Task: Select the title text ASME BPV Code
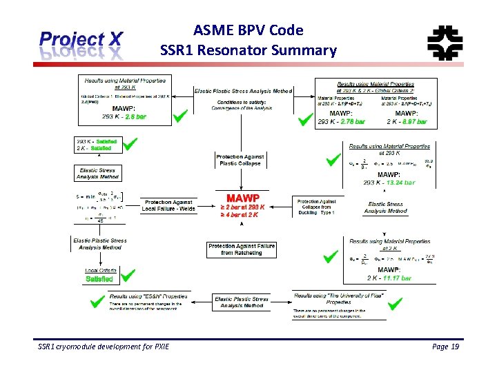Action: click(x=248, y=30)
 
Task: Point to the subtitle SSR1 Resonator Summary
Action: click(x=248, y=50)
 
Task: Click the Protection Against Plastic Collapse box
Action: click(x=240, y=160)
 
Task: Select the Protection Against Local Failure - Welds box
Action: click(x=168, y=205)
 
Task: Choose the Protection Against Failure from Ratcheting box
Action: click(x=242, y=249)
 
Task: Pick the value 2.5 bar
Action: click(x=135, y=117)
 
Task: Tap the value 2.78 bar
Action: click(x=351, y=122)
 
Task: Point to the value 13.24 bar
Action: click(x=400, y=183)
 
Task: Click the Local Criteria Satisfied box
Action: click(x=99, y=276)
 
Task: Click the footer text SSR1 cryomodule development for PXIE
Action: click(x=104, y=346)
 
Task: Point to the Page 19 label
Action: click(x=445, y=346)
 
